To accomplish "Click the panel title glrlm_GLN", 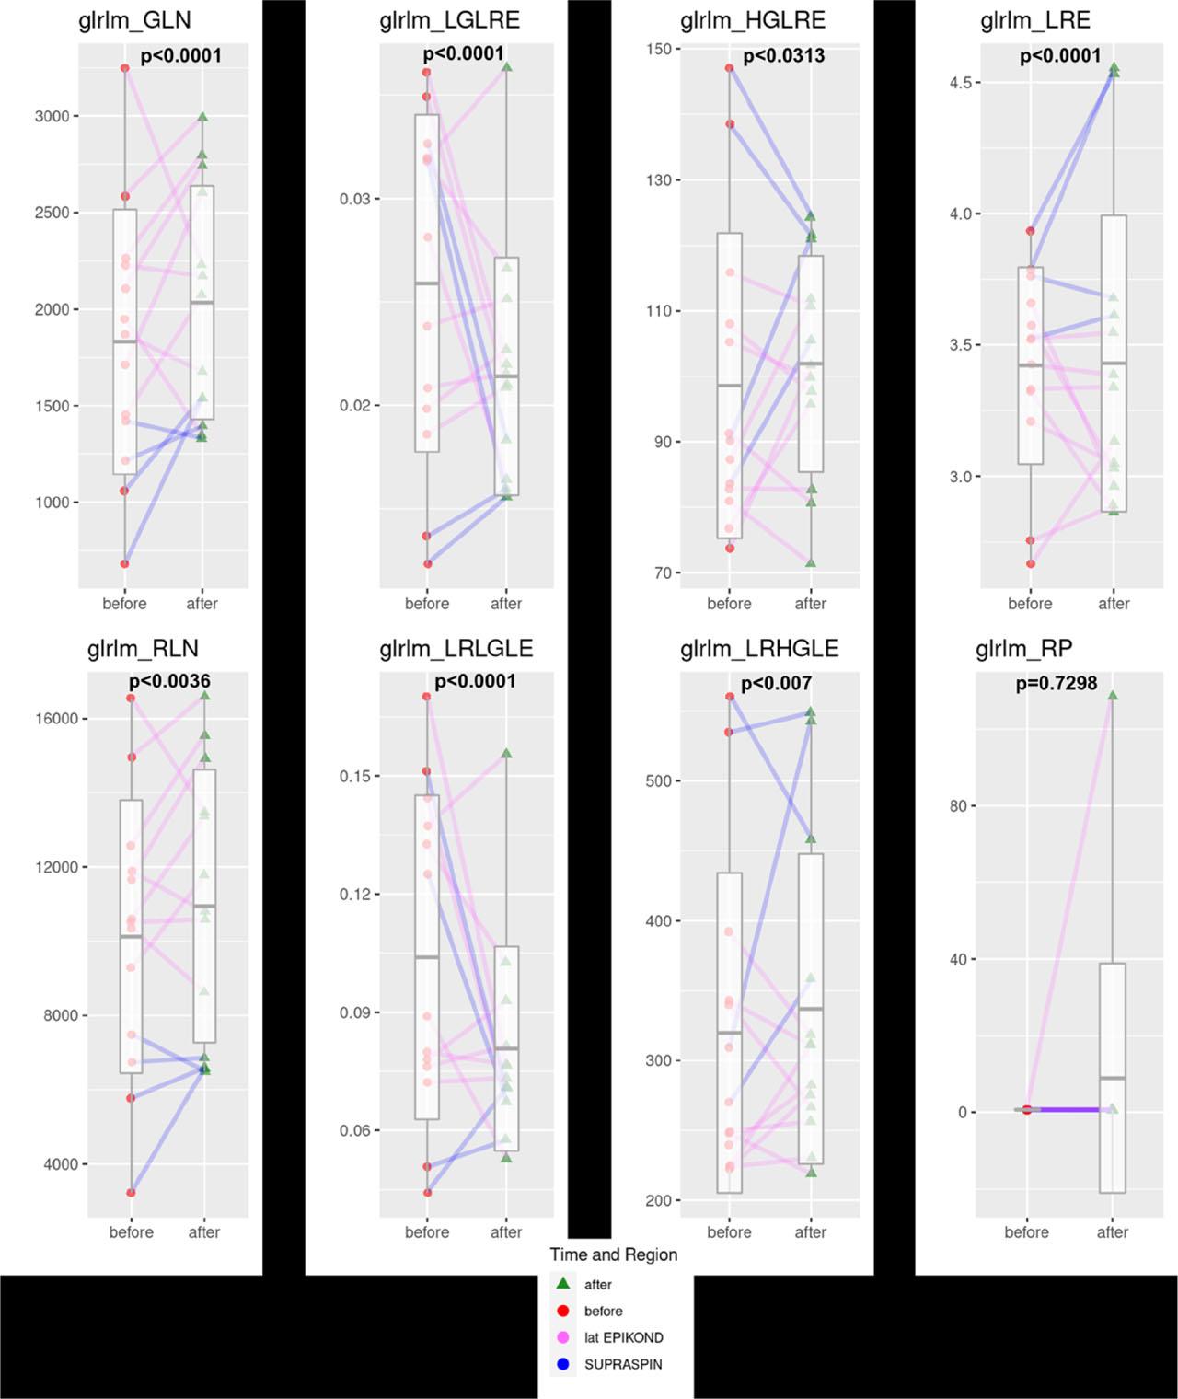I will pyautogui.click(x=134, y=21).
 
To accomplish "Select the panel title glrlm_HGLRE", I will pyautogui.click(x=752, y=21).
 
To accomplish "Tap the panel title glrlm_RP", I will pyautogui.click(x=1023, y=649).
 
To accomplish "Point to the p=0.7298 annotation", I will pyautogui.click(x=1056, y=683).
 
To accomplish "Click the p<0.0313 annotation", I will pyautogui.click(x=783, y=56).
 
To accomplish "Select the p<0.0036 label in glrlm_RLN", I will pyautogui.click(x=169, y=682).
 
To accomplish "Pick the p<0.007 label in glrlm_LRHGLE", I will pyautogui.click(x=776, y=683).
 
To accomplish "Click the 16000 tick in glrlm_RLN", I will pyautogui.click(x=56, y=719).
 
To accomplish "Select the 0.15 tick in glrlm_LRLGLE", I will pyautogui.click(x=354, y=776).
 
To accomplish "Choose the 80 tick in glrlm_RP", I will pyautogui.click(x=957, y=806).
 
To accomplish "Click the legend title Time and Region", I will pyautogui.click(x=613, y=1254).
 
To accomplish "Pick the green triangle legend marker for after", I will pyautogui.click(x=563, y=1283).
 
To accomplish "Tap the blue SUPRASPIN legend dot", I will pyautogui.click(x=563, y=1364).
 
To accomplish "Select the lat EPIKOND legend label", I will pyautogui.click(x=623, y=1337).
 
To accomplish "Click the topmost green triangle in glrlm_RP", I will pyautogui.click(x=1112, y=696).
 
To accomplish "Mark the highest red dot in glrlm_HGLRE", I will pyautogui.click(x=729, y=68).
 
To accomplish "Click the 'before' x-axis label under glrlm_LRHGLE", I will pyautogui.click(x=729, y=1232).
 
